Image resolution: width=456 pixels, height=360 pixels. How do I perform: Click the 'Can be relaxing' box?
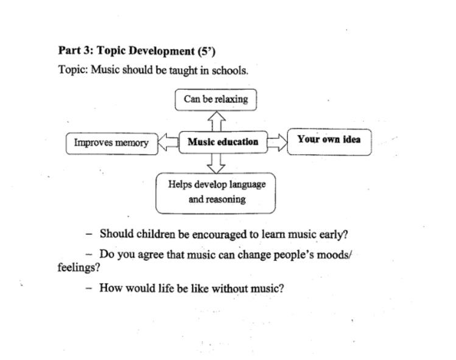(216, 99)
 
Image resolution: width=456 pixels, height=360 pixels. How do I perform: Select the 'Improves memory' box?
(111, 143)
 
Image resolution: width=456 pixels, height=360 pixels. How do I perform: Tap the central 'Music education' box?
(223, 142)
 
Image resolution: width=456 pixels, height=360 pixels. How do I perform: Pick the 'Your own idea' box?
(329, 139)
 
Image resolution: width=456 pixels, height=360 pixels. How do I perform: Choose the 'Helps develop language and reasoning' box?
(216, 192)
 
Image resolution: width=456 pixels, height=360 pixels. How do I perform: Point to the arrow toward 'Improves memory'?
(168, 143)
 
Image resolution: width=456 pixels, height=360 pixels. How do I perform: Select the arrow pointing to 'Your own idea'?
(276, 143)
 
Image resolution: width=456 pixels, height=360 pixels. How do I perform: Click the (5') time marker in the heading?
(206, 51)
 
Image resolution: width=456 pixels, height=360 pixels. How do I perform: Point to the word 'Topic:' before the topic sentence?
(73, 70)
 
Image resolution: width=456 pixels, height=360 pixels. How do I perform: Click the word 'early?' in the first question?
(332, 234)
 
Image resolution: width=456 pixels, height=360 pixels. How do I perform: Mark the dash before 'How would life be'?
(89, 288)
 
